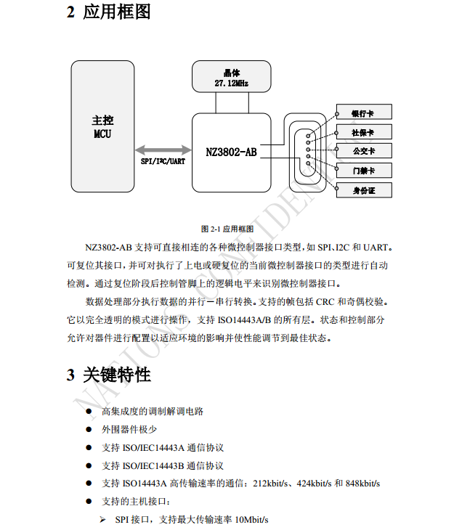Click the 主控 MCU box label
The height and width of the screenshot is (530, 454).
(x=102, y=127)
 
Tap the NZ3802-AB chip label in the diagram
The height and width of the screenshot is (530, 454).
(x=232, y=152)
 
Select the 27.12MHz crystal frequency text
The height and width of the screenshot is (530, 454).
(x=232, y=83)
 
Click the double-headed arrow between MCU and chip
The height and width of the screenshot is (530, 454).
(x=163, y=150)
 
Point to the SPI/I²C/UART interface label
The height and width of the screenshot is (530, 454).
(x=163, y=161)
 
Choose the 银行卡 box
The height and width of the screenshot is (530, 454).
(x=364, y=112)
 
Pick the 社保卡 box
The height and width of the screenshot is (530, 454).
(x=364, y=131)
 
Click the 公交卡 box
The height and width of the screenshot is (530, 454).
(x=364, y=151)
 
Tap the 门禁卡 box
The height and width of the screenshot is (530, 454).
(x=364, y=171)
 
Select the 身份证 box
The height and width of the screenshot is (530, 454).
(x=364, y=190)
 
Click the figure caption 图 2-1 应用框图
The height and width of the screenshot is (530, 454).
(x=227, y=229)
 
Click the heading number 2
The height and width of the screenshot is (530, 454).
(x=70, y=12)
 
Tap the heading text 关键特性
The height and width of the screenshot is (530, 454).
(x=117, y=375)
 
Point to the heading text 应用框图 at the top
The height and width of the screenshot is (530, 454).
(x=117, y=12)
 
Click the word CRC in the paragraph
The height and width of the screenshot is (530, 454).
(x=325, y=301)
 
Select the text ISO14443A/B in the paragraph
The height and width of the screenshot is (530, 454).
(x=244, y=319)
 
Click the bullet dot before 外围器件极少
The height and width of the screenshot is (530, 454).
(x=89, y=429)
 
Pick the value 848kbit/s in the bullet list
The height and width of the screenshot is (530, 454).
(x=362, y=484)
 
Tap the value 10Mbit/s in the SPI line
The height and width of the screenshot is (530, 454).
(x=251, y=520)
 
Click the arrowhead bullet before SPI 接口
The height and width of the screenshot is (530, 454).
(x=103, y=520)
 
